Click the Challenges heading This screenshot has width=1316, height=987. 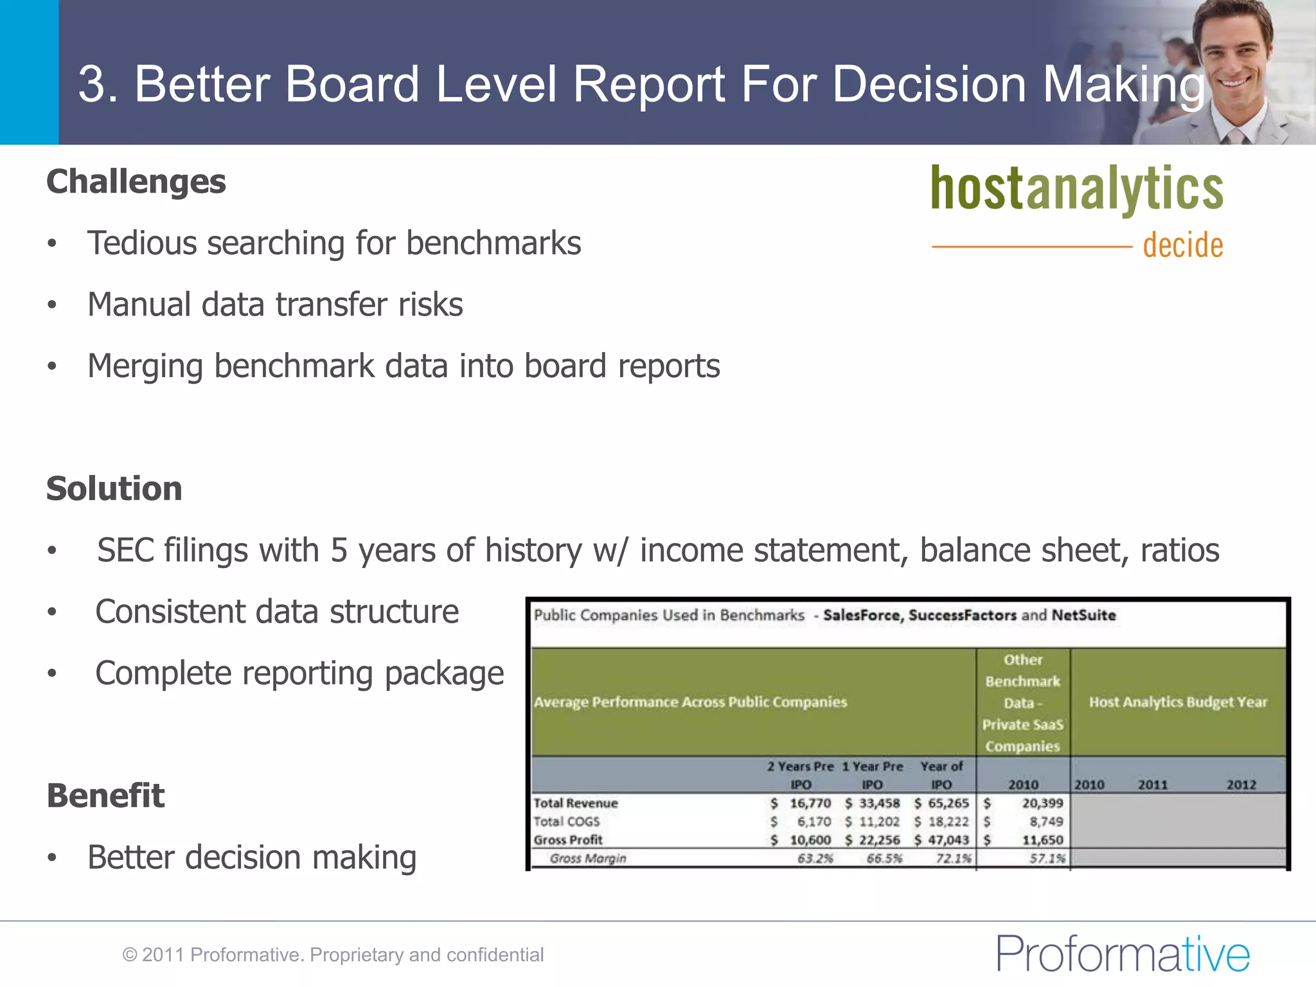pos(136,182)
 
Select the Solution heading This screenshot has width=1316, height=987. pos(114,489)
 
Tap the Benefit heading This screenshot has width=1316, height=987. pos(106,796)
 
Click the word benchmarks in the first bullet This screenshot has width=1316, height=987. pos(493,244)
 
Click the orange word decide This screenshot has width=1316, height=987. pos(1182,245)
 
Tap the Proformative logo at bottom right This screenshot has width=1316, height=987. pos(1123,954)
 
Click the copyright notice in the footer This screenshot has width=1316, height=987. pos(333,955)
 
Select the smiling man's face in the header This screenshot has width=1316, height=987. pos(1232,55)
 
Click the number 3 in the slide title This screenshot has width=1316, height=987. pos(91,84)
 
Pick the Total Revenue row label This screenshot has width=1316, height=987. pos(575,803)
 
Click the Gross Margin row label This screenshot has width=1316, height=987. pos(587,858)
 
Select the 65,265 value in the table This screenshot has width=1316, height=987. pos(948,803)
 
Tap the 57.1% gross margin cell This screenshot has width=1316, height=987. pos(1047,858)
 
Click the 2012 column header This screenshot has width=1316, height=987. pos(1241,785)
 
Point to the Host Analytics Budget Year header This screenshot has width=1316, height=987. pos(1178,702)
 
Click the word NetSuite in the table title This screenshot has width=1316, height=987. pos(1083,616)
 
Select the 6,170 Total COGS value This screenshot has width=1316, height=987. pos(814,822)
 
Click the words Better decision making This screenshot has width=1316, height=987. pos(252,858)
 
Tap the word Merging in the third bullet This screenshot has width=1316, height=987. pos(145,366)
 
